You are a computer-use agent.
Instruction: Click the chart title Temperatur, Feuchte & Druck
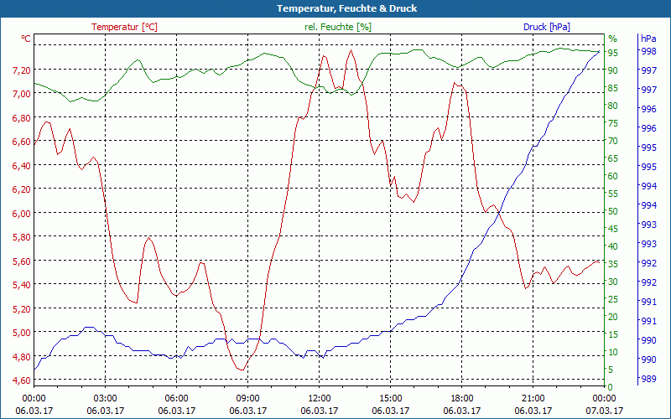(335, 8)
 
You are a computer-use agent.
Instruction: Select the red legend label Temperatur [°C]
(124, 27)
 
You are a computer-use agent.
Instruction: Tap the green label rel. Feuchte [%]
(337, 27)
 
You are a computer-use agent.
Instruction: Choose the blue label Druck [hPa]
(546, 27)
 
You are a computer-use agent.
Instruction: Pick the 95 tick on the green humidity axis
(613, 53)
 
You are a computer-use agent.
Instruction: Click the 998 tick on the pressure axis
(648, 51)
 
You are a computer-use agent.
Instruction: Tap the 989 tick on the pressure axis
(648, 380)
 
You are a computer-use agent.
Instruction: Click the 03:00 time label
(105, 398)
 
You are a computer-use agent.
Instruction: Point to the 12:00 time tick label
(319, 398)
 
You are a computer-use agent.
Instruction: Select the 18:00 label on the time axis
(461, 398)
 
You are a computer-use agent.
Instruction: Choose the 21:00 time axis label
(533, 398)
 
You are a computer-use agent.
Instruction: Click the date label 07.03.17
(605, 411)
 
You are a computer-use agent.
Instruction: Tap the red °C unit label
(26, 39)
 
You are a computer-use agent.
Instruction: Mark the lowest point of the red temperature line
(242, 370)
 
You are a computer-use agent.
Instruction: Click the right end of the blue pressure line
(599, 52)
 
